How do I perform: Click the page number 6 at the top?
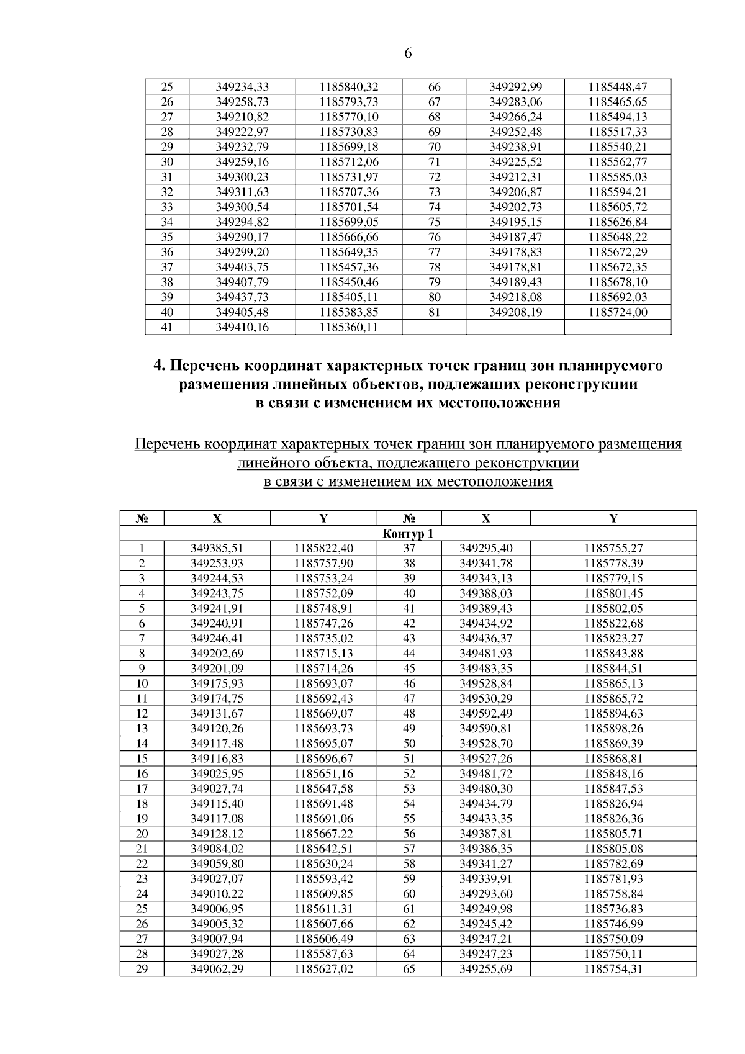point(408,53)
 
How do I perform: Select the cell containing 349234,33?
point(242,87)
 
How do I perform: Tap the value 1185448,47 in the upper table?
point(617,87)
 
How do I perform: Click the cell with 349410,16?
point(242,327)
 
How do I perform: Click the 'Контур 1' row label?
point(408,534)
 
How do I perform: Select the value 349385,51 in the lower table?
point(217,548)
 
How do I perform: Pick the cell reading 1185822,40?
point(323,548)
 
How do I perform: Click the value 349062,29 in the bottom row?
point(217,968)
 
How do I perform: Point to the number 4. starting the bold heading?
point(159,366)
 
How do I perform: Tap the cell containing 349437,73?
point(242,297)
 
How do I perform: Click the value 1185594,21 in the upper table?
point(617,192)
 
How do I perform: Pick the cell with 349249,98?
point(485,908)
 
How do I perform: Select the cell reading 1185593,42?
point(323,878)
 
